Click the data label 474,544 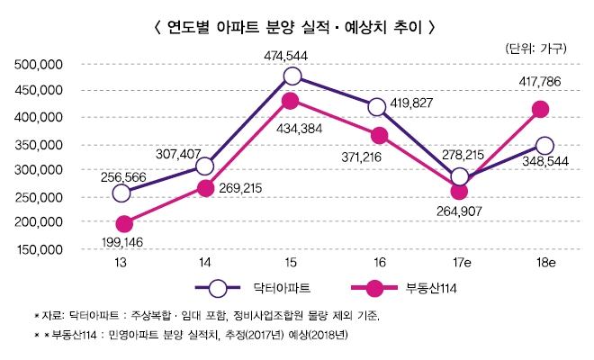pos(291,55)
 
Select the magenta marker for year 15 pos(290,101)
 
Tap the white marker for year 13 pos(122,193)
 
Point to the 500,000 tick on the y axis pos(38,65)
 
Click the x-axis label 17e pos(459,262)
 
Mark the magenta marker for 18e pos(541,110)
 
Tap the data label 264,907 pos(460,211)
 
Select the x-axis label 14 pos(206,262)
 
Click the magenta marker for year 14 pos(205,188)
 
